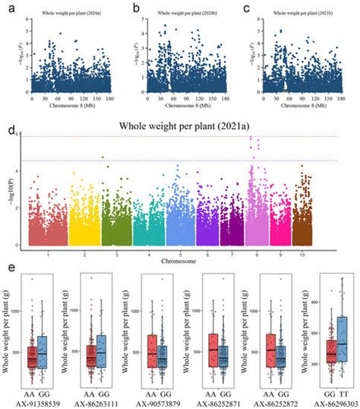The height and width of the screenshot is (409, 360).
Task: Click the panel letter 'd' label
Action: click(8, 131)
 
